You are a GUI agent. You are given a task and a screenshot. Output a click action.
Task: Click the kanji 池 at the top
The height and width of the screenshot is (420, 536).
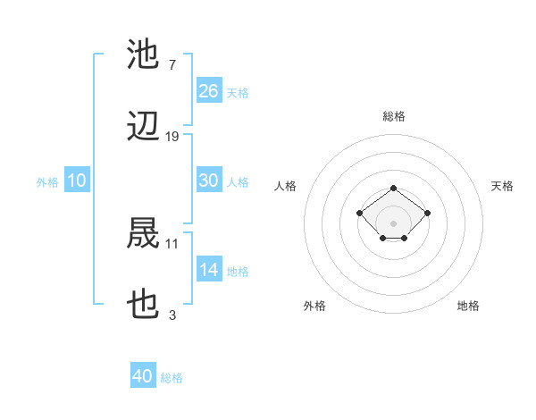(x=144, y=54)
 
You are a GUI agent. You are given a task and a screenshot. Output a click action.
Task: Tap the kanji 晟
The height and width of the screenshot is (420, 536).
(x=144, y=232)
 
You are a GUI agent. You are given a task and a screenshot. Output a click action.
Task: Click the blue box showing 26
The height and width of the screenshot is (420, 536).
(x=209, y=91)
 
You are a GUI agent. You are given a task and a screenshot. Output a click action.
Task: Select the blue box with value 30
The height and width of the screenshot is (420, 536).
(x=209, y=181)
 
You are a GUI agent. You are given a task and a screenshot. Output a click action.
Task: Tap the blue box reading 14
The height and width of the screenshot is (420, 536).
(x=209, y=270)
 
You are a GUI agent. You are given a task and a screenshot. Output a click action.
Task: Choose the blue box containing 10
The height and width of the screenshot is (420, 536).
(x=77, y=181)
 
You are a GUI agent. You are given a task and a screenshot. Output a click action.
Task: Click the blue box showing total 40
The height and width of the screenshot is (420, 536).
(x=143, y=377)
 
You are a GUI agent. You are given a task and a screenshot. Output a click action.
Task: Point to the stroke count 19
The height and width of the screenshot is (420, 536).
(x=172, y=137)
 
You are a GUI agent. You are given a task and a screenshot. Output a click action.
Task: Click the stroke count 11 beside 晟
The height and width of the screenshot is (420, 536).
(x=172, y=242)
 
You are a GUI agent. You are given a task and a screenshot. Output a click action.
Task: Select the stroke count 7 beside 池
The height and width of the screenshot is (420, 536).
(x=172, y=64)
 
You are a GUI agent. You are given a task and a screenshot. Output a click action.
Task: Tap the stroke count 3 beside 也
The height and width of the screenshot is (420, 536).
(x=172, y=315)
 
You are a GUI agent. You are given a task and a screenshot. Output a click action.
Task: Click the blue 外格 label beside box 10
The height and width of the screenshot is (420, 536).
(x=47, y=182)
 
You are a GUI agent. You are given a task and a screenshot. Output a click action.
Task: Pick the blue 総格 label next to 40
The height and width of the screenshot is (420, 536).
(x=172, y=378)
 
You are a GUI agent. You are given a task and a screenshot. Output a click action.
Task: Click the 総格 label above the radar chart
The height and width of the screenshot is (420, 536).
(x=394, y=116)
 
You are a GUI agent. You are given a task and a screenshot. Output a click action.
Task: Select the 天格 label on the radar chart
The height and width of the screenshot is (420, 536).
(x=502, y=186)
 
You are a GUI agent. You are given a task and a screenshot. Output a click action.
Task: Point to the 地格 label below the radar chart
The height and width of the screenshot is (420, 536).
(x=468, y=306)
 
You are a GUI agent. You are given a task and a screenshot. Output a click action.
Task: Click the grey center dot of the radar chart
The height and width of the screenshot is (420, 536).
(x=394, y=223)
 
